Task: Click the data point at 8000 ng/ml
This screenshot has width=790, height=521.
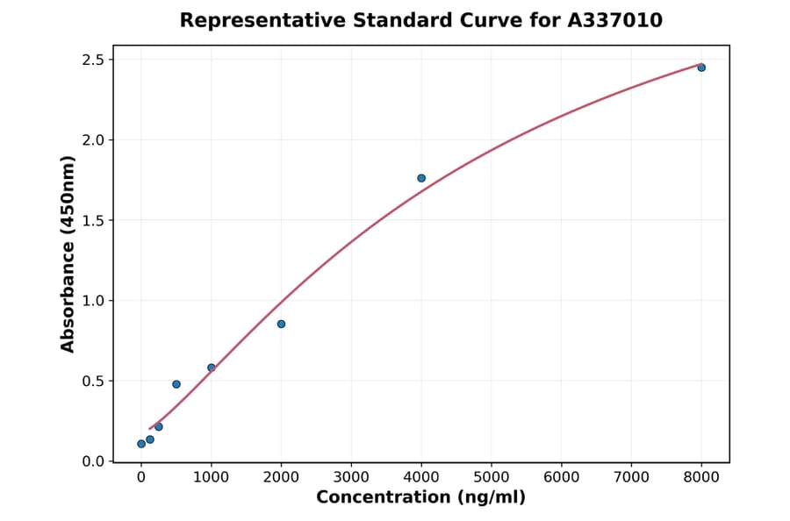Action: tap(701, 68)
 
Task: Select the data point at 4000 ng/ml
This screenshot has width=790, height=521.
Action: tap(421, 178)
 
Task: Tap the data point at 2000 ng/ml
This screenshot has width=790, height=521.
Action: tap(281, 324)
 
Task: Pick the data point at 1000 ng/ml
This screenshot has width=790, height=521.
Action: tap(212, 368)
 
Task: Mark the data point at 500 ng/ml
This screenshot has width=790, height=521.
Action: tap(176, 384)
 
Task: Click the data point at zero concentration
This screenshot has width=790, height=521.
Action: tap(141, 444)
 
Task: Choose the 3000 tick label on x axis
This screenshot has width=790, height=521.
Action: tap(351, 477)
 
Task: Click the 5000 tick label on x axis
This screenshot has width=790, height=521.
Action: tap(492, 477)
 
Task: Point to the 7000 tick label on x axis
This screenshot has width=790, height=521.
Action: tap(631, 477)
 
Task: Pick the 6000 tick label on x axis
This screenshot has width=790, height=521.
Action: tap(562, 477)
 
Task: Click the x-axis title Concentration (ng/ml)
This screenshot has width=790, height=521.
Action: tap(421, 497)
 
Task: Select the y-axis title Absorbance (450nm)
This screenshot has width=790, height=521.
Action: tap(68, 253)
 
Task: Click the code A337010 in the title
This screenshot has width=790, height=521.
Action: tap(617, 20)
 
